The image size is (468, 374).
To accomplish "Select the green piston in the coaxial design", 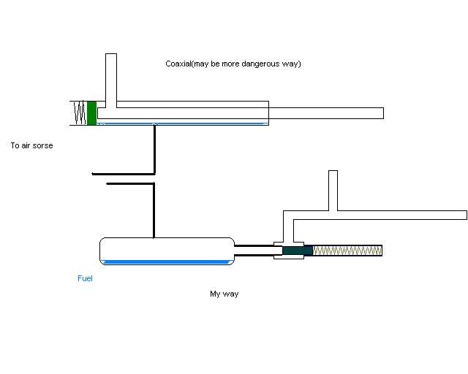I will point(91,112).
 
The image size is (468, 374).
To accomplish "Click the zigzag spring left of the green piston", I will point(79,112).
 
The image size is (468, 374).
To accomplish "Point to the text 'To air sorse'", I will point(31,146).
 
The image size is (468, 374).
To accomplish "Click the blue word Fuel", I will point(85,278).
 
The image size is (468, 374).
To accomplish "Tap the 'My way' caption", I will point(224,294).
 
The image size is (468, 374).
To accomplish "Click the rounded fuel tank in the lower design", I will point(167,248).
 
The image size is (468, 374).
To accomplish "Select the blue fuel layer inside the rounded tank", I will point(167,262).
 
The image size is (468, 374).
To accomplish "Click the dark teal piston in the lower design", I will point(297,251).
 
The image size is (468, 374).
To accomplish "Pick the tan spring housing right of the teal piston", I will point(347,251).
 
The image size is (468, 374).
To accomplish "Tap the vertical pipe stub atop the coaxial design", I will point(111,77).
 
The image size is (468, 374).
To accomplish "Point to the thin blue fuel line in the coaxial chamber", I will point(183,123).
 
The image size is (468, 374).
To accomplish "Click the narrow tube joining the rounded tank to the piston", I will point(254,251).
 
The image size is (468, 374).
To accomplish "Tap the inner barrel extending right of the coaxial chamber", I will point(325,113).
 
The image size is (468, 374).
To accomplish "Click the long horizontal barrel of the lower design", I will point(395,215).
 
